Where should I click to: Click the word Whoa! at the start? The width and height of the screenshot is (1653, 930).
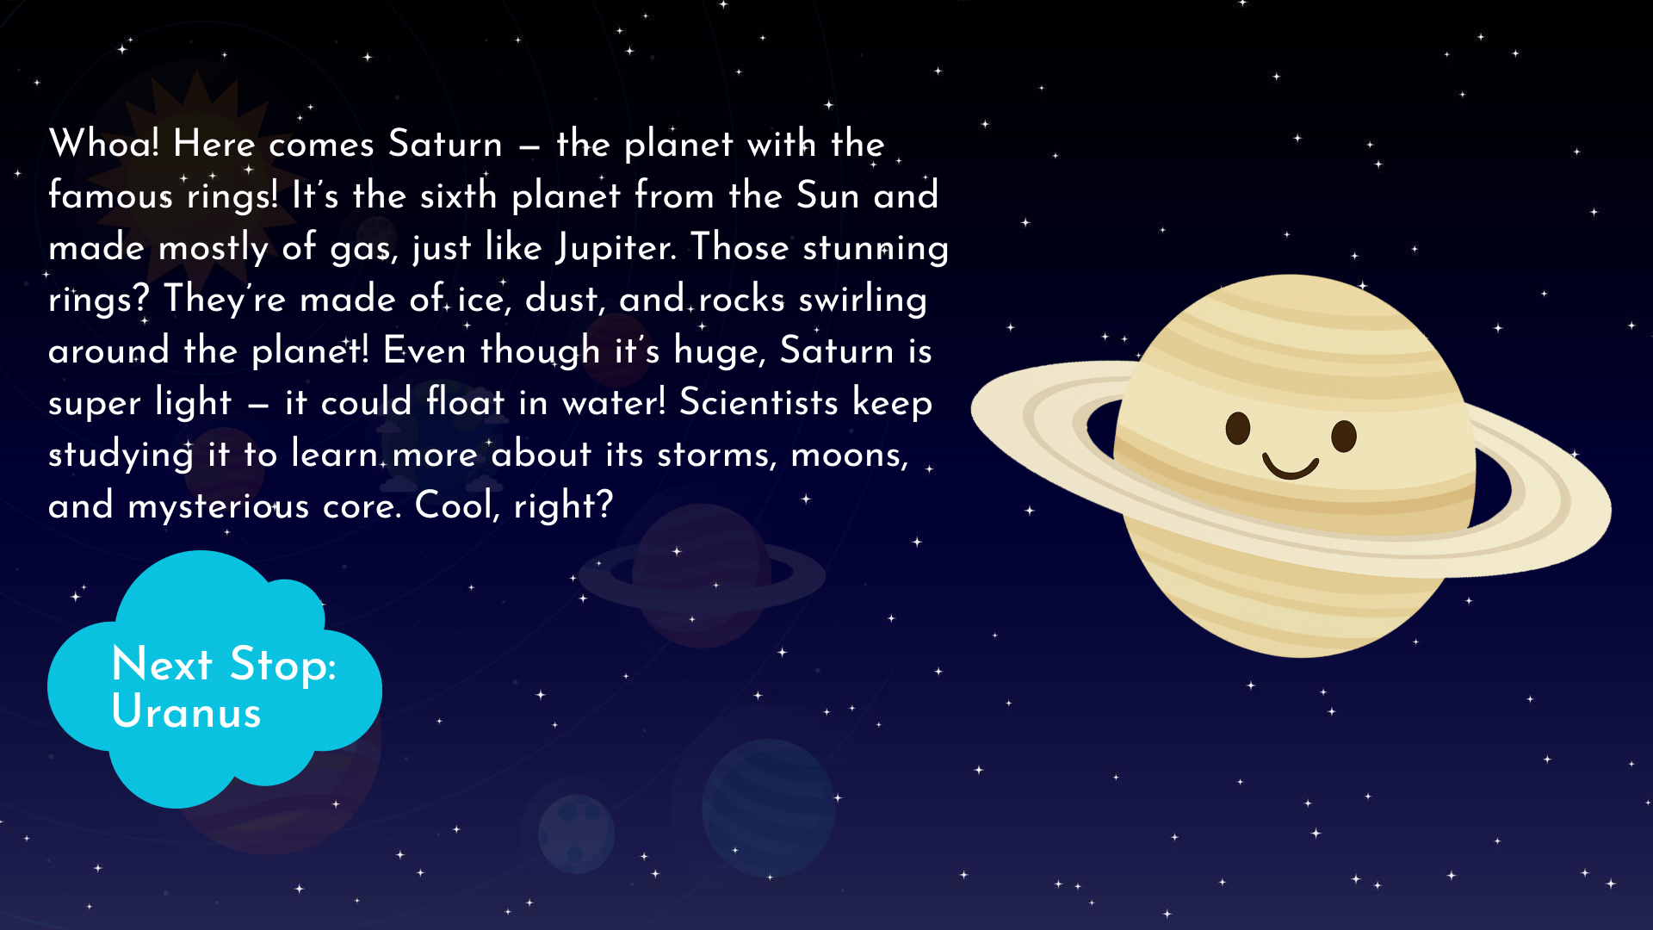pos(104,143)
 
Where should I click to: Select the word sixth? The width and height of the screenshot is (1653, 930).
pos(458,195)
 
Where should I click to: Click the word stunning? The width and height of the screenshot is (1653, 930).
pos(876,248)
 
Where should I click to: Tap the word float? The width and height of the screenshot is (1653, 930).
pos(465,402)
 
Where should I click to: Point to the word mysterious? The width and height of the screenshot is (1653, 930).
pos(219,506)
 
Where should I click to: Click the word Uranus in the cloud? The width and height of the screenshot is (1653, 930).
pos(186,712)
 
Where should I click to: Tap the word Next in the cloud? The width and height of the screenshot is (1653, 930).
pos(162,664)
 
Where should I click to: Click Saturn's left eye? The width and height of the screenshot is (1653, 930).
pos(1238,428)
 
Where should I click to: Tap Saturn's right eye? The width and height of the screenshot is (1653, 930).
pos(1344,436)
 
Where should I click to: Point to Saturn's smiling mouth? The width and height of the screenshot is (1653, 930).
pos(1291,467)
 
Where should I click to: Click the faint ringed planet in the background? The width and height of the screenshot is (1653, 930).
pos(702,575)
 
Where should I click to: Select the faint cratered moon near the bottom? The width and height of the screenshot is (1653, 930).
pos(576,834)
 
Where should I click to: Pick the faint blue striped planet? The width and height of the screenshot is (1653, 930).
pos(768,808)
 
